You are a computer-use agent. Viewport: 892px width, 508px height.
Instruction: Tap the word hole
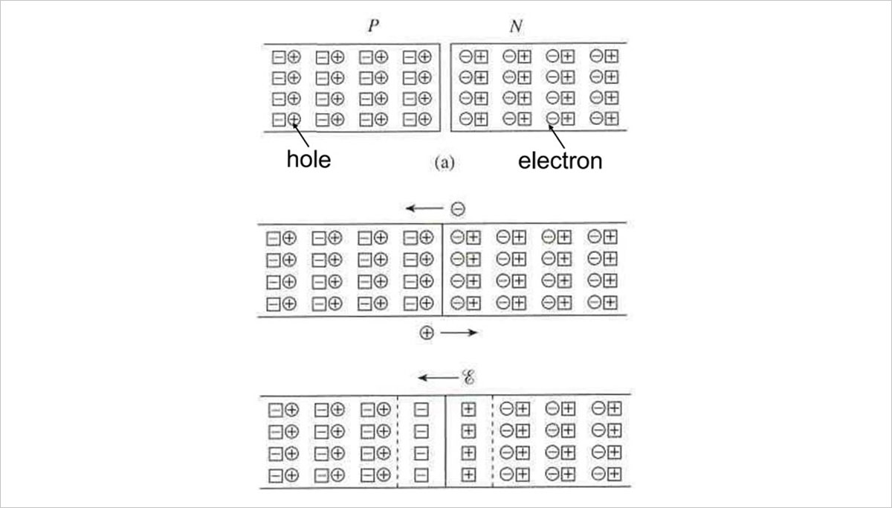pyautogui.click(x=308, y=159)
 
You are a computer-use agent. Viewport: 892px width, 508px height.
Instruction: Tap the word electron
pyautogui.click(x=560, y=160)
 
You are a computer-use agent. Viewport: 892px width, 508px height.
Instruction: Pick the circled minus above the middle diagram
pyautogui.click(x=458, y=210)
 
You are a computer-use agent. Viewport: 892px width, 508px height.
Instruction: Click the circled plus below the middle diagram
pyautogui.click(x=427, y=333)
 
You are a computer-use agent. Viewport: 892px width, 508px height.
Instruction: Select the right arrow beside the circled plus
pyautogui.click(x=459, y=333)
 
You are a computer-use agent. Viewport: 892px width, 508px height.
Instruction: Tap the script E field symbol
pyautogui.click(x=469, y=379)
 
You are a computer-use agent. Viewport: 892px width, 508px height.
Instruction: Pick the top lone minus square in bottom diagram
pyautogui.click(x=421, y=408)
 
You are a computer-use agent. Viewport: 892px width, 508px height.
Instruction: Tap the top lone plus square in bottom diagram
pyautogui.click(x=468, y=408)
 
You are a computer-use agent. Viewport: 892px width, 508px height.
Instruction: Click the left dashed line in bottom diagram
pyautogui.click(x=399, y=441)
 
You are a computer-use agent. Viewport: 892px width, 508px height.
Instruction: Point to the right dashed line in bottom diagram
pyautogui.click(x=491, y=441)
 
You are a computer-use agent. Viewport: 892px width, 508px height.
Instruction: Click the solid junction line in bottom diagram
pyautogui.click(x=445, y=441)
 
